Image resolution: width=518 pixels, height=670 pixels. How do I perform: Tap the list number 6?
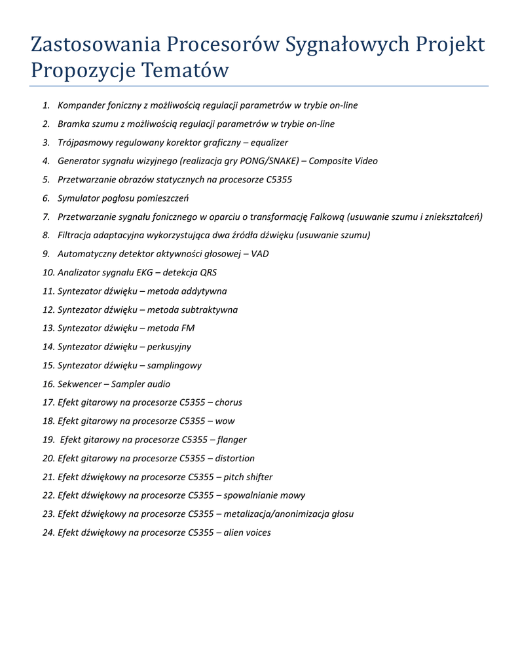coord(46,198)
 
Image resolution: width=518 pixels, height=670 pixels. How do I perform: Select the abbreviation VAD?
coord(260,253)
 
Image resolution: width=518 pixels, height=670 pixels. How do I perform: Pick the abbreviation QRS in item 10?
coord(208,272)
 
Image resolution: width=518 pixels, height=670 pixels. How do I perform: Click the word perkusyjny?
coord(169,347)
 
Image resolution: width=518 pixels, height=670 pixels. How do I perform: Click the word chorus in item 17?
coord(229,402)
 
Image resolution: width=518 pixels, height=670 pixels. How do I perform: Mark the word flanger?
coord(232,440)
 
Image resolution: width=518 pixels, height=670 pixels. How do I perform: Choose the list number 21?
coord(48,477)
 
